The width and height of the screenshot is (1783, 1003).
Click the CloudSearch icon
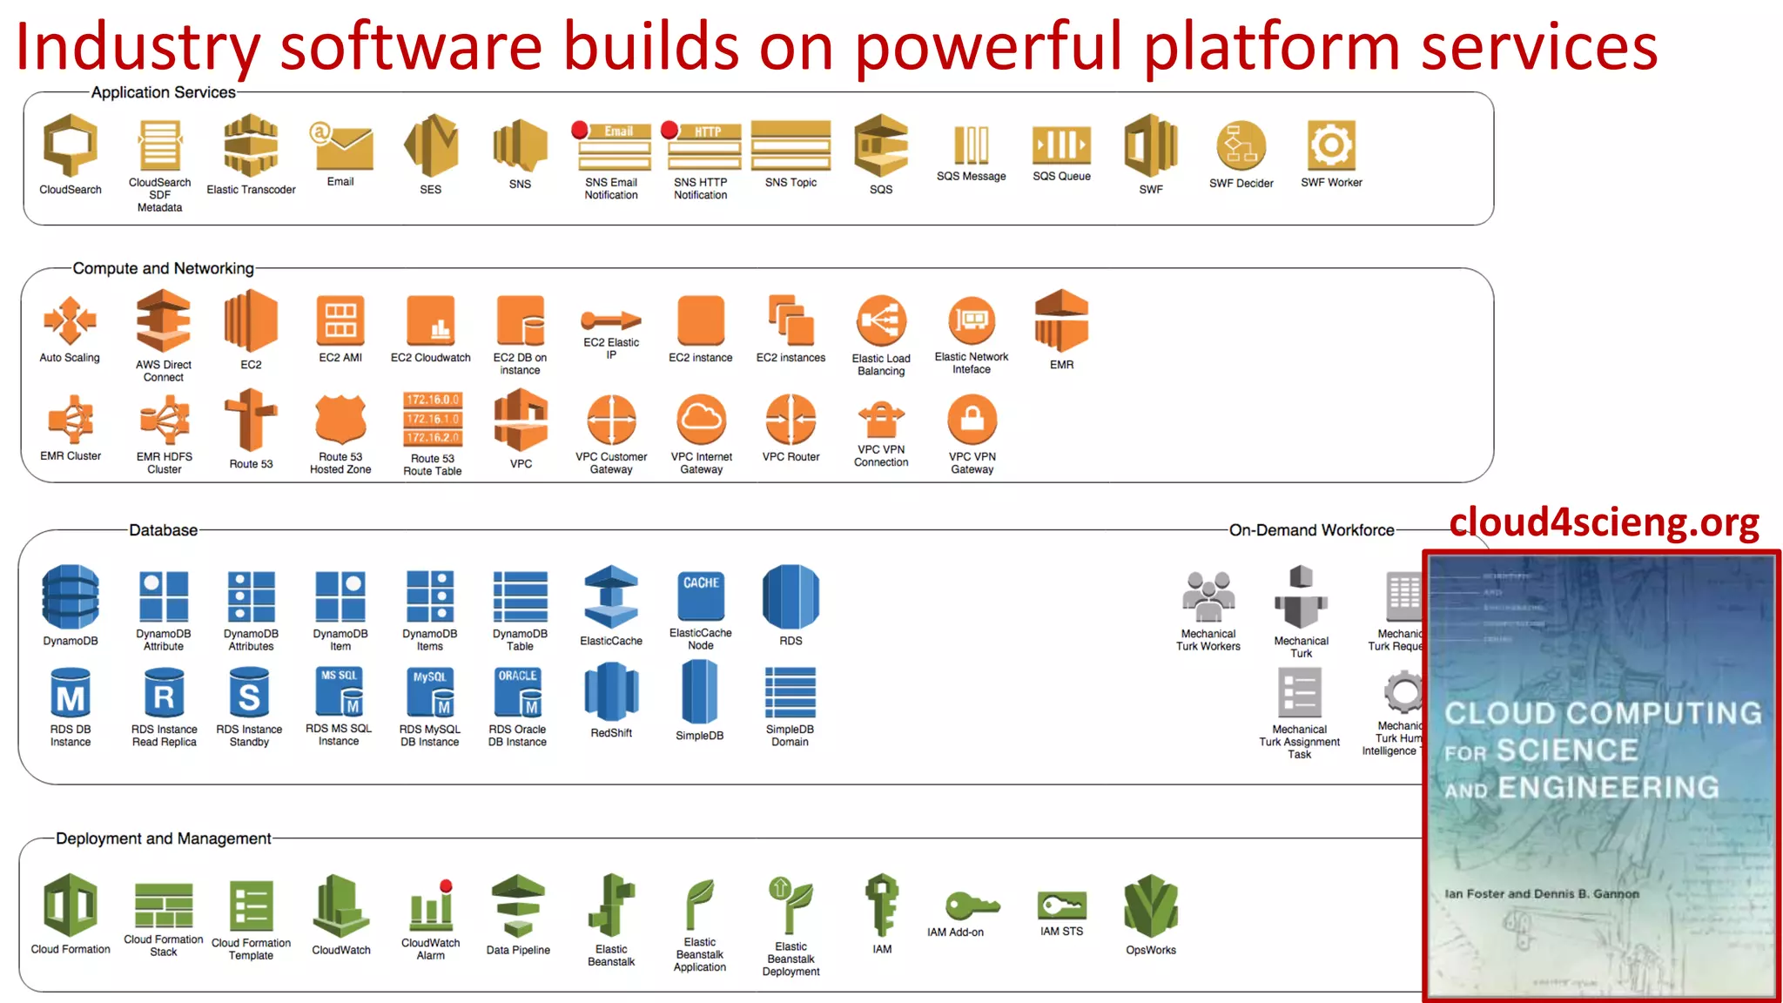coord(71,145)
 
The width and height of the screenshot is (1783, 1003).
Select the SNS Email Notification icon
coord(611,145)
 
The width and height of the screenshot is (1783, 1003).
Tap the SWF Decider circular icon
coord(1241,145)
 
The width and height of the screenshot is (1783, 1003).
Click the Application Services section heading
coord(163,92)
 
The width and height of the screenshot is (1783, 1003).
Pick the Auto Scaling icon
coord(70,320)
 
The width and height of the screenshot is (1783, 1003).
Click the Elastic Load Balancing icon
coord(881,320)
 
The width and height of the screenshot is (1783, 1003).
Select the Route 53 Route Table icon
coord(433,419)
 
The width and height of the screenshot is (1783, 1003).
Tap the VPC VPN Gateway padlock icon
coord(972,419)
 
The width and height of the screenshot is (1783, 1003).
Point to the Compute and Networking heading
coord(163,268)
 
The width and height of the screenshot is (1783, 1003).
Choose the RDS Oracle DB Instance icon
coord(518,692)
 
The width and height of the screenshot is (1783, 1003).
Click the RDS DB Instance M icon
coord(71,694)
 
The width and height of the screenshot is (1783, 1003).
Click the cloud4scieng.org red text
coord(1604,522)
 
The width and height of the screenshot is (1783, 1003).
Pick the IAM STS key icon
coord(1061,905)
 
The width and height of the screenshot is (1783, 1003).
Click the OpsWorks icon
coord(1150,906)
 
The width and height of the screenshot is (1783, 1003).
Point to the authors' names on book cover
coord(1541,893)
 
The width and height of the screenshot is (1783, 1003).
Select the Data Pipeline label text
coord(518,950)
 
